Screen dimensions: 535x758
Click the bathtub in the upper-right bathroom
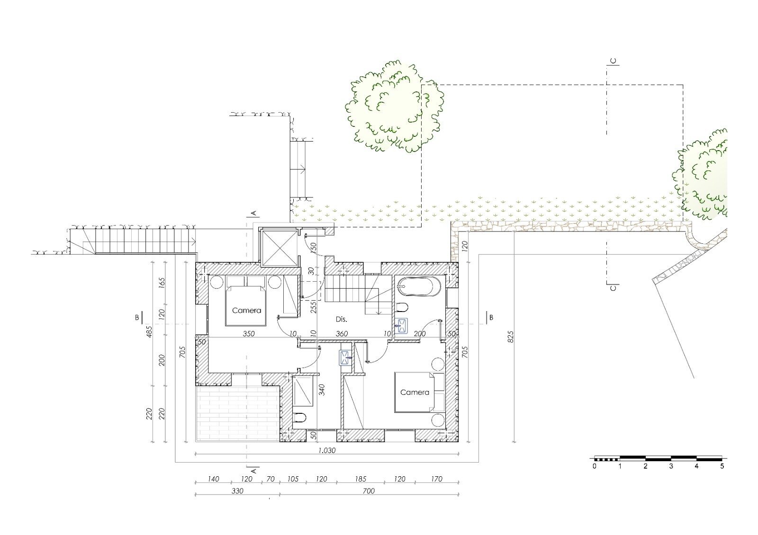[419, 287]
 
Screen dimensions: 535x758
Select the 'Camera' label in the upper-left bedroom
[246, 311]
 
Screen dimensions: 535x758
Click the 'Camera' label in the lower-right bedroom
[415, 392]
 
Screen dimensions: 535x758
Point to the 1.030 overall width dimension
[326, 450]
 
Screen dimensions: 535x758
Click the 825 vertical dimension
[510, 337]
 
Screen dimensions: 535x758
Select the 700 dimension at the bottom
[369, 491]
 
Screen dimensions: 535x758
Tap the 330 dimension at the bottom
[237, 491]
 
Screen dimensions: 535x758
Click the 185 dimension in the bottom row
[361, 479]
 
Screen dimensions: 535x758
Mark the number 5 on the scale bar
[722, 466]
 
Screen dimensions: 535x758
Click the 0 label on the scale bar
[595, 466]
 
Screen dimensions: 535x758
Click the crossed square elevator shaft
[279, 248]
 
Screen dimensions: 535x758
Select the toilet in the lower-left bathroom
[300, 418]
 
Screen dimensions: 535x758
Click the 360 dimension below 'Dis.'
[342, 334]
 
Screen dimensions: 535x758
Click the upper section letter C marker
[613, 61]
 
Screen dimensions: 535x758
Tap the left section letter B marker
[137, 317]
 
